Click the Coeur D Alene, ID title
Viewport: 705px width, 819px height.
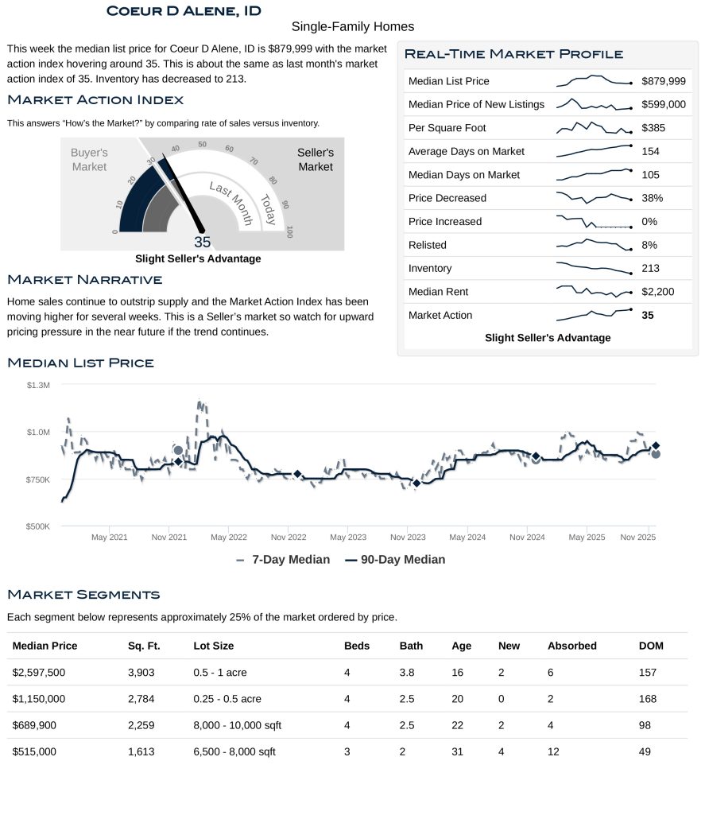pos(184,11)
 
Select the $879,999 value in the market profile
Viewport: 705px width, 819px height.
pos(664,81)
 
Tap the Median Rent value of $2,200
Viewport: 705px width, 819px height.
pos(657,292)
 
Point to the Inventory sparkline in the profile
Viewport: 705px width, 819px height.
pos(594,268)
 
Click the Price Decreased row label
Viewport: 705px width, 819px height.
pos(447,198)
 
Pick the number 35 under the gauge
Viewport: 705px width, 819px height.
pos(202,243)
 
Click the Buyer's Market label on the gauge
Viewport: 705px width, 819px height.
pos(89,159)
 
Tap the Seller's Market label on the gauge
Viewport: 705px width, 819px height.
pos(316,159)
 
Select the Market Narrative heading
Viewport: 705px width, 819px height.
pos(85,279)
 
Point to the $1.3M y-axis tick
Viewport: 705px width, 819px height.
pos(38,385)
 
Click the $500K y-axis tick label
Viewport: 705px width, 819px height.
pos(37,526)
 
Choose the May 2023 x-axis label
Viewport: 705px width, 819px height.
pos(348,538)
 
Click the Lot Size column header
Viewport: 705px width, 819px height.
pos(213,646)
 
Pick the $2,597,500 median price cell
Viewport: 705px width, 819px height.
pos(39,673)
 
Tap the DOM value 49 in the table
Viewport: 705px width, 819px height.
pos(647,752)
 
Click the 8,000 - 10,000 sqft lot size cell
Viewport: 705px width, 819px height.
pos(237,725)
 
